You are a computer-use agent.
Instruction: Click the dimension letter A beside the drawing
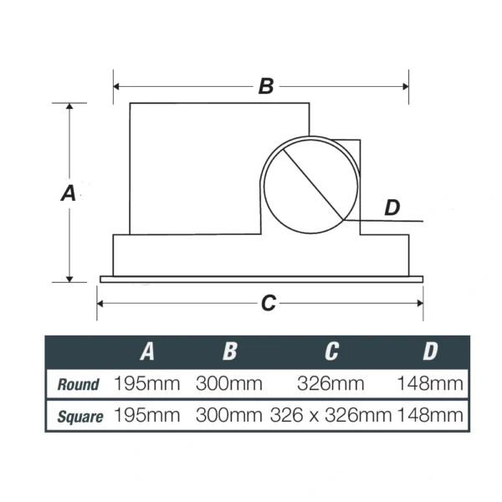tap(69, 192)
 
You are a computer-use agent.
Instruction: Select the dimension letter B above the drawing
tap(266, 86)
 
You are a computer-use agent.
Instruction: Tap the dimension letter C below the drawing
tap(268, 304)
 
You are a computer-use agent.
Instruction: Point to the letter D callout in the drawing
tap(392, 208)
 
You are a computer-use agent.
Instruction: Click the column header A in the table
tap(147, 351)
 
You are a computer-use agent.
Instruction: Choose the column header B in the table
tap(229, 351)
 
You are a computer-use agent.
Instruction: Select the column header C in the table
tap(330, 351)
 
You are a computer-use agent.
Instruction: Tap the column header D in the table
tap(429, 351)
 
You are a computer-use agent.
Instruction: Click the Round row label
tap(78, 385)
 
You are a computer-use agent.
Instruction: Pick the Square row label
tap(80, 415)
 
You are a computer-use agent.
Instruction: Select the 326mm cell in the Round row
tap(330, 384)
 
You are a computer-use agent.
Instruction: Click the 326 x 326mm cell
tap(331, 414)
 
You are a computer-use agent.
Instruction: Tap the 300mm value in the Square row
tap(229, 414)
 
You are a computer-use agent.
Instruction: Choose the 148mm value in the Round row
tap(429, 384)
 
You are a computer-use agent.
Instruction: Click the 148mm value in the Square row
tap(429, 414)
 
